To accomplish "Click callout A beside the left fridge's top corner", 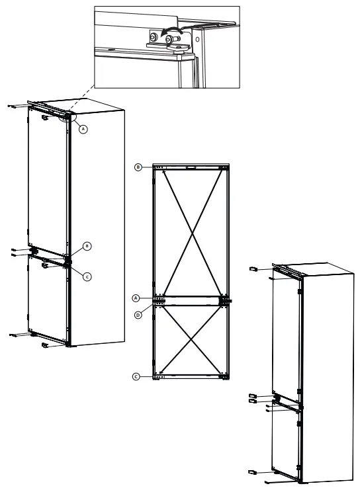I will (83, 130).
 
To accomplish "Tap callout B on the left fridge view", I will (86, 246).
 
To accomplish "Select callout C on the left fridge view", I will (86, 276).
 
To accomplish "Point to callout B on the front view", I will (138, 167).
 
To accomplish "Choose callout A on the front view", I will (136, 298).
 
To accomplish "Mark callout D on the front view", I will (138, 315).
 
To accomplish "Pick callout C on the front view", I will (136, 376).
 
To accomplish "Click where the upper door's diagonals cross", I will (191, 232).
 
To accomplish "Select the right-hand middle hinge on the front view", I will (224, 300).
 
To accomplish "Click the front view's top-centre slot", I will (192, 168).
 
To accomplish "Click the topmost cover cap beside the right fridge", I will (253, 269).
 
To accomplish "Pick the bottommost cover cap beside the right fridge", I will (252, 472).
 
